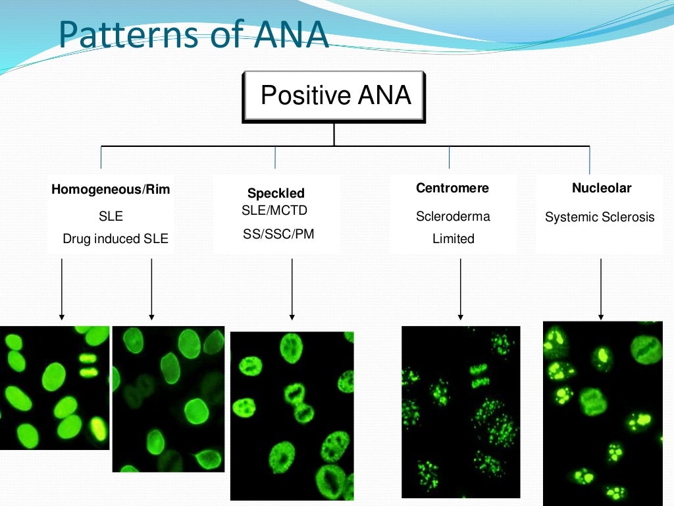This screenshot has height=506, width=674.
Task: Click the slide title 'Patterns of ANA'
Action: coord(193,36)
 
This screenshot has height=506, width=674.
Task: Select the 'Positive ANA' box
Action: coord(334,96)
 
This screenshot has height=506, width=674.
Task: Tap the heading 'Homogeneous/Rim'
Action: coord(111,190)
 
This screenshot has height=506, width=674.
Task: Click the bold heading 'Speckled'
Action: coord(276,193)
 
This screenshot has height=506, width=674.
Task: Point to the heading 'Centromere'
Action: coord(452,188)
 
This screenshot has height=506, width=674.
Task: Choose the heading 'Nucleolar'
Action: coord(601,188)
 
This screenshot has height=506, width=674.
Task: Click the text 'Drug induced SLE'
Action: coord(115,239)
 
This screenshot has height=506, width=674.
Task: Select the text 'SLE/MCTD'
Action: coord(274,211)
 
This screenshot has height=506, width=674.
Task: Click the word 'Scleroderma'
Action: coord(453,216)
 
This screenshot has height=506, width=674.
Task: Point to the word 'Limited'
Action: coord(453,239)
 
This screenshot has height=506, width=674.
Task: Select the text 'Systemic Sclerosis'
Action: coord(600,217)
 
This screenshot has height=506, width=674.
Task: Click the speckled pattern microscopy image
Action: coord(292,415)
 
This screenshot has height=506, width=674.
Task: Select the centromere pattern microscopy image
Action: coord(460,411)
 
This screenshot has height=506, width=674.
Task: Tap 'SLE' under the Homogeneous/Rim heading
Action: coord(111,216)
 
